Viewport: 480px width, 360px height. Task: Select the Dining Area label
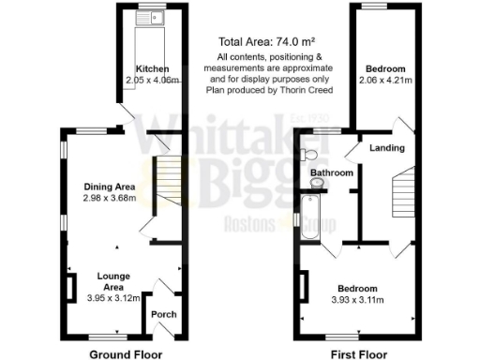pyautogui.click(x=106, y=186)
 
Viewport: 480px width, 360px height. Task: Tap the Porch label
pyautogui.click(x=164, y=314)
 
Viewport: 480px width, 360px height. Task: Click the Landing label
pyautogui.click(x=387, y=148)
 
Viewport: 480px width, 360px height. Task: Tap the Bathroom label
pyautogui.click(x=332, y=173)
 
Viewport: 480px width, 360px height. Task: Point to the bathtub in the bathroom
pyautogui.click(x=308, y=217)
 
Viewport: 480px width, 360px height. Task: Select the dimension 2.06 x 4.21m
pyautogui.click(x=385, y=82)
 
